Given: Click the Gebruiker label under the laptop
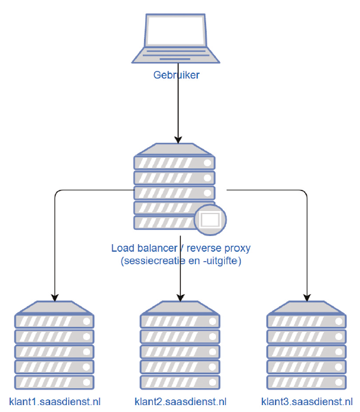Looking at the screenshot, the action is (x=177, y=75).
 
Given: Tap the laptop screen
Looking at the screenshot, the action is (x=175, y=30).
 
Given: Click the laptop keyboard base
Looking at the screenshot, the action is (x=175, y=55).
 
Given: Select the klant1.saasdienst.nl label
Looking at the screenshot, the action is (x=55, y=401).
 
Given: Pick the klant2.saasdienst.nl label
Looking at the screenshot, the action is (x=180, y=401).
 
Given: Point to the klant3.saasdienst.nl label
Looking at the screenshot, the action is (x=307, y=401).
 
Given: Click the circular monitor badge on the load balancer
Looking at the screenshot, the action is (x=210, y=220).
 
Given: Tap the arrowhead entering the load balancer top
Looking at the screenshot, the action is (x=178, y=140).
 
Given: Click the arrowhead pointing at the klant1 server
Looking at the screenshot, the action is (x=54, y=297).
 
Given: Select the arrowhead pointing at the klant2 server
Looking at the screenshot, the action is (x=180, y=297).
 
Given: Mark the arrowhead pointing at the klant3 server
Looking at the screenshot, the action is (x=307, y=297).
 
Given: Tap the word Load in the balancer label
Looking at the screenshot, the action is (x=123, y=248).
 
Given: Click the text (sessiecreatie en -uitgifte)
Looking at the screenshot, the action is (x=181, y=261).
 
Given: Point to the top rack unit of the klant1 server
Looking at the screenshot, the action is (x=54, y=321).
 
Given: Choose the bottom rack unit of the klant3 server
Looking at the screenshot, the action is (x=306, y=383).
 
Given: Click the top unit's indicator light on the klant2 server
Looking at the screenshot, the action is (x=212, y=321).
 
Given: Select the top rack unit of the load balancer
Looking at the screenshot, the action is (x=175, y=163).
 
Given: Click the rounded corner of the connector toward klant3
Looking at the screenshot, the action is (x=304, y=193).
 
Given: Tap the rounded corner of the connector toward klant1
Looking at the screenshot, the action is (x=58, y=193).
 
